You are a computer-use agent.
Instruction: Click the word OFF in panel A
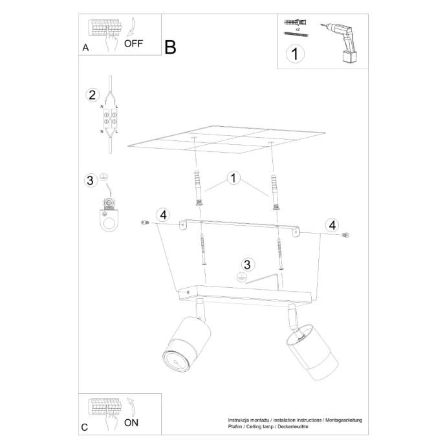(133, 44)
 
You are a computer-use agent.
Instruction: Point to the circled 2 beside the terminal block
(92, 95)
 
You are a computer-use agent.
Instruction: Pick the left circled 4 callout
(163, 215)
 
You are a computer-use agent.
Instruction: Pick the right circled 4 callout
(332, 224)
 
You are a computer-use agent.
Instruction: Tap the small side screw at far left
(144, 222)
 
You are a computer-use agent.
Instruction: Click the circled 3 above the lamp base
(246, 265)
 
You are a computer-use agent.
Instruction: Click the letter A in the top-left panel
(85, 48)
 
